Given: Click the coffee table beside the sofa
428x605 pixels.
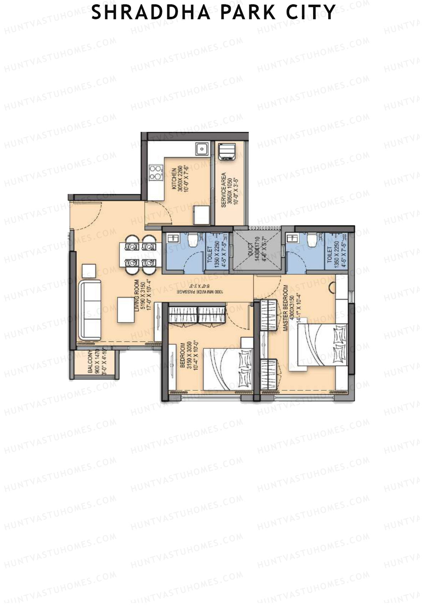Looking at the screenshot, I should pos(126,310).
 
